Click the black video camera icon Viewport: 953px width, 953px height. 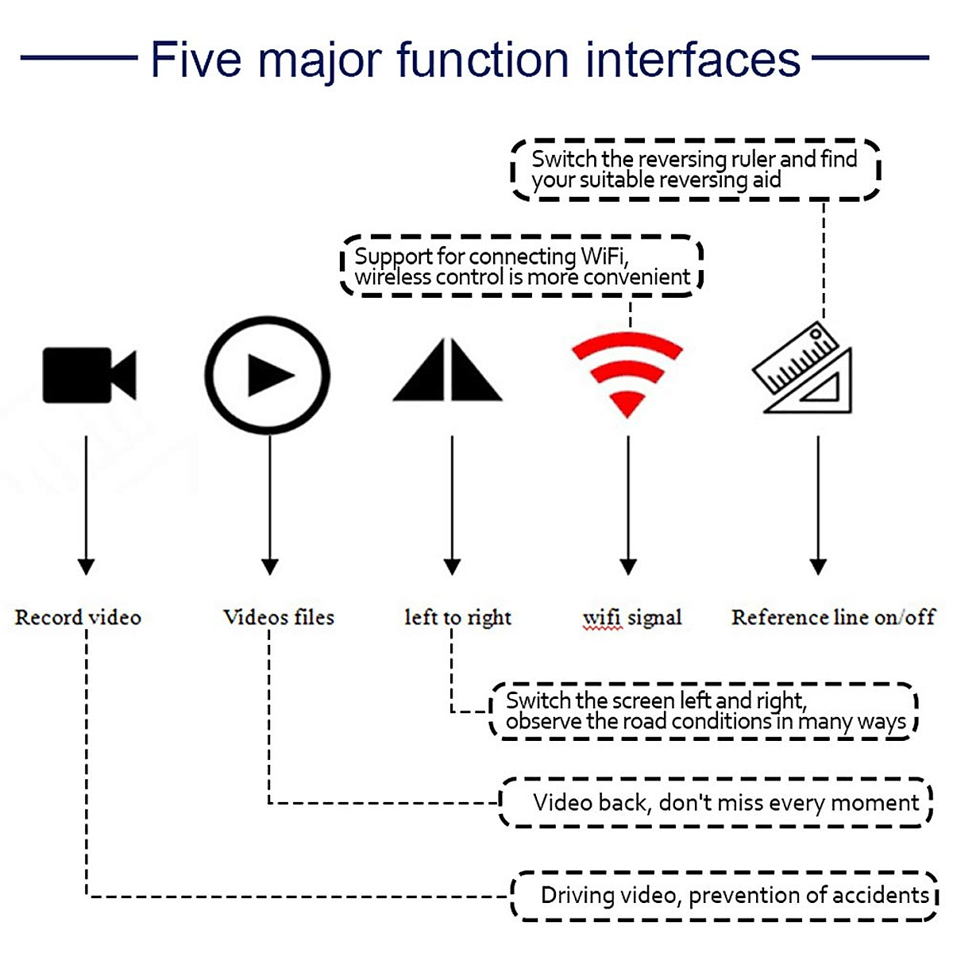pyautogui.click(x=89, y=375)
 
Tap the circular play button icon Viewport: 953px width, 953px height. pyautogui.click(x=268, y=317)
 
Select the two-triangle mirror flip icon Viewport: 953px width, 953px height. pyautogui.click(x=448, y=369)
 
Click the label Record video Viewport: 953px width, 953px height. pyautogui.click(x=78, y=618)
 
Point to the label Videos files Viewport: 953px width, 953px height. pyautogui.click(x=279, y=617)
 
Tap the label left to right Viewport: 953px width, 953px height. pyautogui.click(x=458, y=618)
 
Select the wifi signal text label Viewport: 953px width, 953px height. pyautogui.click(x=632, y=618)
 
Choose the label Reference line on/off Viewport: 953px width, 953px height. pyautogui.click(x=833, y=617)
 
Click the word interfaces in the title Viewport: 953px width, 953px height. pyautogui.click(x=693, y=60)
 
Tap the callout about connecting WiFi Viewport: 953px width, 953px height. pyautogui.click(x=522, y=266)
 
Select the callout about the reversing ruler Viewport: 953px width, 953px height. pyautogui.click(x=696, y=170)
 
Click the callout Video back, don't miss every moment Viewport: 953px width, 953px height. pyautogui.click(x=716, y=802)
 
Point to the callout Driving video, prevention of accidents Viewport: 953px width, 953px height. pyautogui.click(x=724, y=896)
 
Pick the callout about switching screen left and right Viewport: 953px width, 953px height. pyautogui.click(x=704, y=711)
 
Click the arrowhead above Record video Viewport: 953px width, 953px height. pyautogui.click(x=86, y=567)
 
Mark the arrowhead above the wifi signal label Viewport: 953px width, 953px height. pyautogui.click(x=628, y=567)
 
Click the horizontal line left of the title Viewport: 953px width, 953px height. pyautogui.click(x=79, y=58)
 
